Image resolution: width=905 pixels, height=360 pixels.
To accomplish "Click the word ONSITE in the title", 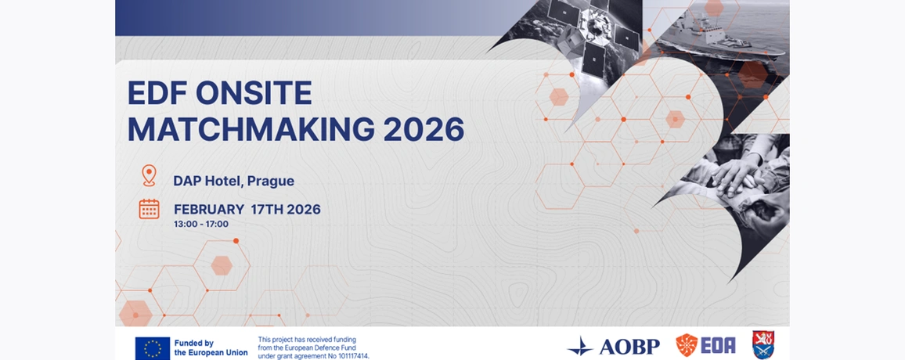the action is [254, 93].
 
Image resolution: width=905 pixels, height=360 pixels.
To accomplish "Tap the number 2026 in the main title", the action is [424, 129].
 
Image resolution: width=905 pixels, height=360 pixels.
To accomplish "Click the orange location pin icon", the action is [149, 175].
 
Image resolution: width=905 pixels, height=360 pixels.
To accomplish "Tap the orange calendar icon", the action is [149, 209].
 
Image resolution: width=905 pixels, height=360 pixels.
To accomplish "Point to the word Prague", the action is [271, 181].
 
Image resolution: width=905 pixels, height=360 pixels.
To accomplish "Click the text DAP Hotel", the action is [207, 181].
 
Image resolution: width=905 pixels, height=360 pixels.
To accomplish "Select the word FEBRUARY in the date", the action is [209, 210].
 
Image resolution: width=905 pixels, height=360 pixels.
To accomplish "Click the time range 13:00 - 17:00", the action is [201, 225].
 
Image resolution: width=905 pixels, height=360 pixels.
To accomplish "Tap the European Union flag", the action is [153, 348].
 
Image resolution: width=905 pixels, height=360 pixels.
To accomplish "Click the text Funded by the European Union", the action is [211, 348].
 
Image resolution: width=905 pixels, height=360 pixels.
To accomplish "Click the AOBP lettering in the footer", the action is [629, 347].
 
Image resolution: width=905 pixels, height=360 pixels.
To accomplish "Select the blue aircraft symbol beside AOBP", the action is [580, 347].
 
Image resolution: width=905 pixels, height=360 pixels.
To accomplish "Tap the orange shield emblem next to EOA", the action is [687, 345].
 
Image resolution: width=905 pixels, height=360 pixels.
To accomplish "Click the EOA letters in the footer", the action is [718, 346].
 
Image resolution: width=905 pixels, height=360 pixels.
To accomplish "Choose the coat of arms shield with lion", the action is [763, 345].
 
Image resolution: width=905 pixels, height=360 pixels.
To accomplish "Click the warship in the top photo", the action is [719, 36].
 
